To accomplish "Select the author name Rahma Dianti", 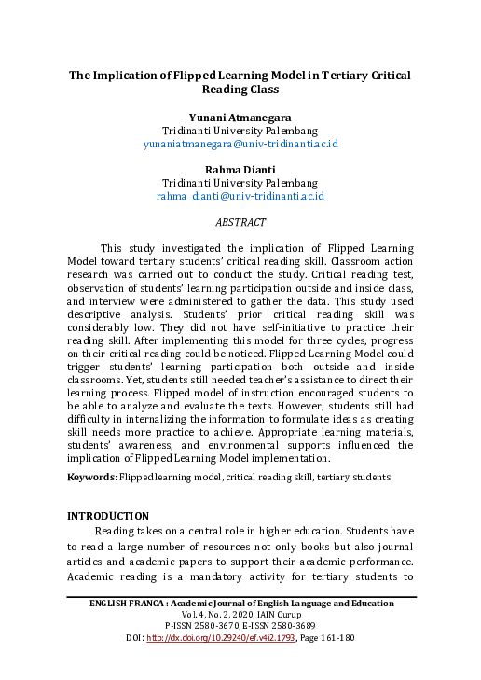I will tap(240, 167).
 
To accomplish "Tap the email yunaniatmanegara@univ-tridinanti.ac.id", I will tap(240, 145).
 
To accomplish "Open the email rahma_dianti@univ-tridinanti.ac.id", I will tap(240, 197).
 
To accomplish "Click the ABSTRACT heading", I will tap(240, 223).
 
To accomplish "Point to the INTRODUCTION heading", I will tap(109, 515).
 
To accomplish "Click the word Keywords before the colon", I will tap(90, 478).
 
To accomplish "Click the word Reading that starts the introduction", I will tap(115, 530).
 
